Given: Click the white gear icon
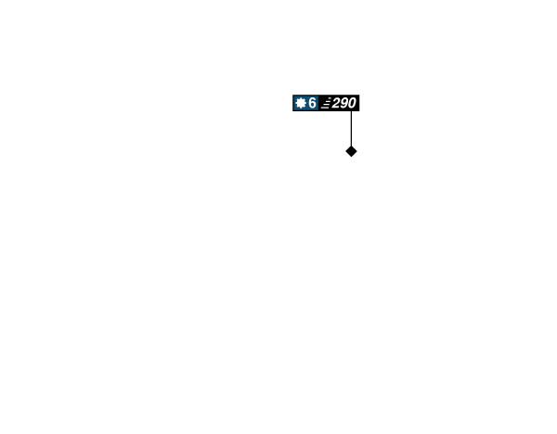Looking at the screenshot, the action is point(301,103).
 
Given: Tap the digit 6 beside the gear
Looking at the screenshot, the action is point(312,103).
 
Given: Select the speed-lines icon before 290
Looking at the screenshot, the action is point(326,103).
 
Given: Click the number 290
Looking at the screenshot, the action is point(343,103).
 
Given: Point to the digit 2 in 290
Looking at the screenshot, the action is point(336,103).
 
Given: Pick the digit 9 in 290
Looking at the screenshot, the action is point(344,103).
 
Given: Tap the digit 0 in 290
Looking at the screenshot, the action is point(352,103).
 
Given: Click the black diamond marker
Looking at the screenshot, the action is point(351,151).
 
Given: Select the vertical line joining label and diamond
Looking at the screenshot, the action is point(351,129).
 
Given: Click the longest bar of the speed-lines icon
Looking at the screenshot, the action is point(325,108).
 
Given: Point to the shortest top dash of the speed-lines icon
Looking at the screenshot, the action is point(330,98).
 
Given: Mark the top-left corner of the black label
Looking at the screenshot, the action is point(292,95).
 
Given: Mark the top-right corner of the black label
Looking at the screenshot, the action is point(359,95).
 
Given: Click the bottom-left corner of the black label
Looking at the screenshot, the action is point(292,111).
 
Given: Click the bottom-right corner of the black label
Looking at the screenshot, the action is point(359,111).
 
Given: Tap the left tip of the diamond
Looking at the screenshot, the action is point(345,151).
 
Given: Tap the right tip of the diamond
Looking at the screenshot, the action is point(357,151).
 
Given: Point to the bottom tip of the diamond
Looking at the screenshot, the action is point(351,158).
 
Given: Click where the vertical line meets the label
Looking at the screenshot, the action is point(351,111).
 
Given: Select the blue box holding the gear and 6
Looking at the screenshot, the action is point(305,103).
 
